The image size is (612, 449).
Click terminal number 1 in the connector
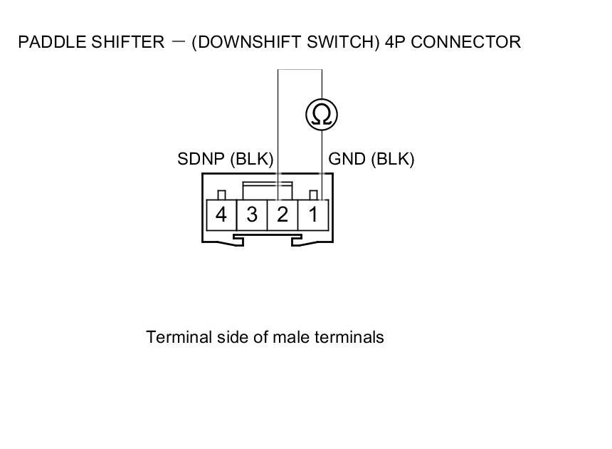pyautogui.click(x=313, y=215)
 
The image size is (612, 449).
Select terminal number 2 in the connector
pyautogui.click(x=283, y=215)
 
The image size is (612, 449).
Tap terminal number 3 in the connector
pyautogui.click(x=252, y=215)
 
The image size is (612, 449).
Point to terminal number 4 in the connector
pyautogui.click(x=221, y=215)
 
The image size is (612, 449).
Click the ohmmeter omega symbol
pyautogui.click(x=322, y=115)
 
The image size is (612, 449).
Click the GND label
pyautogui.click(x=347, y=159)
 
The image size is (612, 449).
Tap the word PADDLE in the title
pyautogui.click(x=44, y=42)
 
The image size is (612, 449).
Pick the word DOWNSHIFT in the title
pyautogui.click(x=242, y=42)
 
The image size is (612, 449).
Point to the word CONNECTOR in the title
pyautogui.click(x=466, y=42)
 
